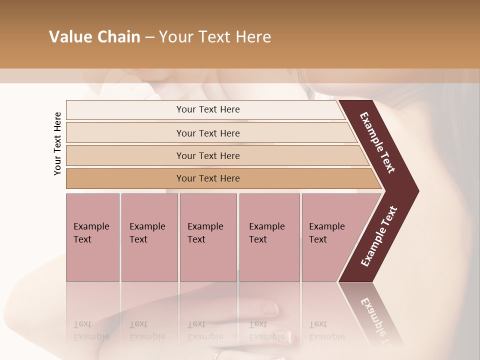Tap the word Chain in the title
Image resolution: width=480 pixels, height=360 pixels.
pyautogui.click(x=118, y=37)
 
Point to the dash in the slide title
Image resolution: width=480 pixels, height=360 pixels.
pyautogui.click(x=149, y=37)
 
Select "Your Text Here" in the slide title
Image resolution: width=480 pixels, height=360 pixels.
pyautogui.click(x=215, y=37)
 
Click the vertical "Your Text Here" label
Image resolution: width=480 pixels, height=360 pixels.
pyautogui.click(x=57, y=143)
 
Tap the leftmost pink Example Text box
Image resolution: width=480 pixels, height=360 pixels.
pyautogui.click(x=92, y=237)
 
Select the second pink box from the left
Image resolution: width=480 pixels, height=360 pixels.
pyautogui.click(x=149, y=237)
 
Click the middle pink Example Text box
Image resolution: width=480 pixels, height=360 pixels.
pyautogui.click(x=208, y=237)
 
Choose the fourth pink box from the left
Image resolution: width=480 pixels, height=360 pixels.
pyautogui.click(x=269, y=237)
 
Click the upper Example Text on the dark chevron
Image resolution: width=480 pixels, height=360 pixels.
pyautogui.click(x=378, y=142)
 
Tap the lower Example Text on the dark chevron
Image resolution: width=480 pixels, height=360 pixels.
pyautogui.click(x=379, y=236)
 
